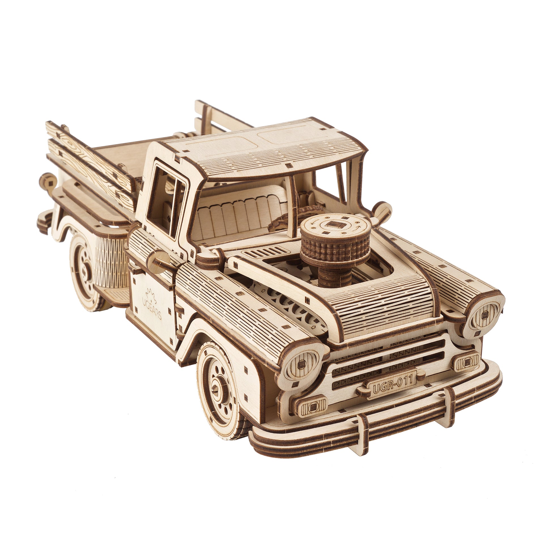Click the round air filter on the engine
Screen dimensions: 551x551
click(x=336, y=242)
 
